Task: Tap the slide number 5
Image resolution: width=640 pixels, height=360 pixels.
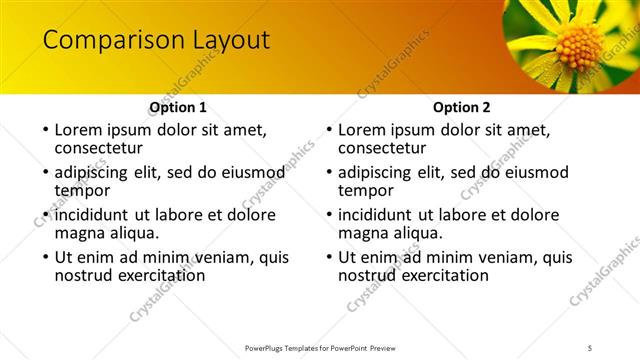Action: (590, 347)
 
